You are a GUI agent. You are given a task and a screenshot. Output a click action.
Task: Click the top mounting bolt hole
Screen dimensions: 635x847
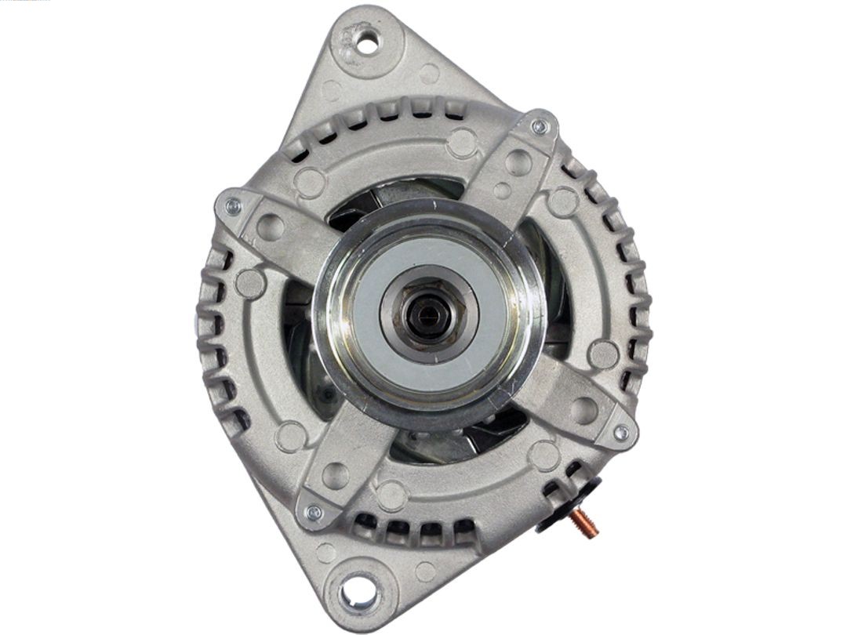point(367,41)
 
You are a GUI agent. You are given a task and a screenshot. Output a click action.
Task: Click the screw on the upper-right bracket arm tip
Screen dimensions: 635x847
point(539,126)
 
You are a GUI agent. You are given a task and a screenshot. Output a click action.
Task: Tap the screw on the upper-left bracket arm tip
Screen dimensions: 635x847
point(232,207)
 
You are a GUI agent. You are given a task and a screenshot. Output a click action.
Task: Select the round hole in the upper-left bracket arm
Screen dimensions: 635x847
point(270,227)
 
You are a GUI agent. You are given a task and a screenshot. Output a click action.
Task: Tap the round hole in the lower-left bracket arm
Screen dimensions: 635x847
point(336,475)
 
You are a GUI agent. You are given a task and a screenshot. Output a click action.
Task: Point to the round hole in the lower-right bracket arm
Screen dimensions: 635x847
point(583,409)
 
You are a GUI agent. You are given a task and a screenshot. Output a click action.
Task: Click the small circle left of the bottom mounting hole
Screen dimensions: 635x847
point(326,552)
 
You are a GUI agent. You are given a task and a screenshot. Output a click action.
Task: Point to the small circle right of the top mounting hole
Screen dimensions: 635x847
point(429,74)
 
